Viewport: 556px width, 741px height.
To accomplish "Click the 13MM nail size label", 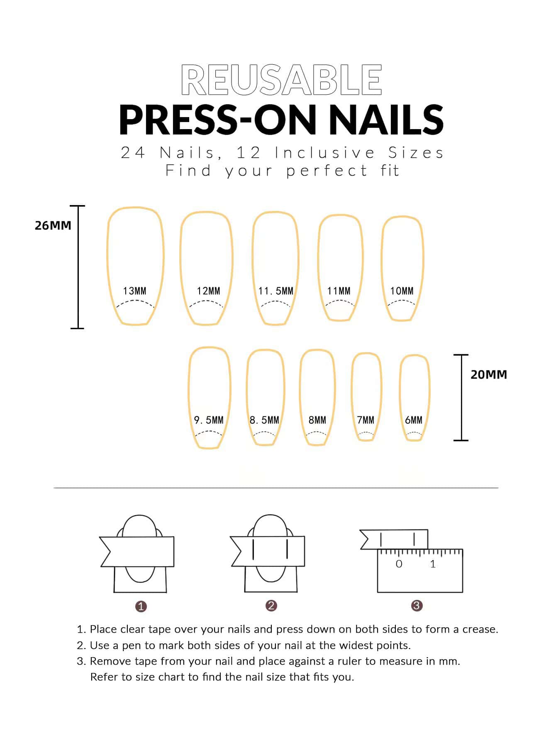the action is [x=134, y=291].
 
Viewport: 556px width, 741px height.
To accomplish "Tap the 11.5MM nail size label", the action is [x=276, y=291].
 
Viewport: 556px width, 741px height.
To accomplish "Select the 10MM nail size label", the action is [x=402, y=291].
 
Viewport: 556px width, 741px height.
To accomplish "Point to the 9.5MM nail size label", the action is [x=209, y=420].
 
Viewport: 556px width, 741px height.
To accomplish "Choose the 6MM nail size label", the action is [x=414, y=420].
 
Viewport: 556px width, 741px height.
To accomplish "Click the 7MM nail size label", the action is [x=366, y=420].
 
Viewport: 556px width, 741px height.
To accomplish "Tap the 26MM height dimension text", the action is [x=53, y=225].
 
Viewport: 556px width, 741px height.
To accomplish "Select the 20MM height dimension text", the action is [x=489, y=374].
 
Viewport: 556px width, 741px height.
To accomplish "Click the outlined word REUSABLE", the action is [x=281, y=80].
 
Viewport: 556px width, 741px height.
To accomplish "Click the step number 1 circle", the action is [x=141, y=606].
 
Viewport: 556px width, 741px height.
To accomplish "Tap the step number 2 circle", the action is [x=271, y=606].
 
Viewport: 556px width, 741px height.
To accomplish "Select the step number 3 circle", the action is [x=417, y=606].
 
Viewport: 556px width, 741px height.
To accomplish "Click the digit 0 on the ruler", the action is [x=399, y=564].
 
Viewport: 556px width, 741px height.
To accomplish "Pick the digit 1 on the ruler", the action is [x=433, y=564].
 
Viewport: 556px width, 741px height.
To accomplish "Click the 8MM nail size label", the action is [x=317, y=420].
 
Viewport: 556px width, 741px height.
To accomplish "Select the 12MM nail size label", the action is [x=208, y=291].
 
